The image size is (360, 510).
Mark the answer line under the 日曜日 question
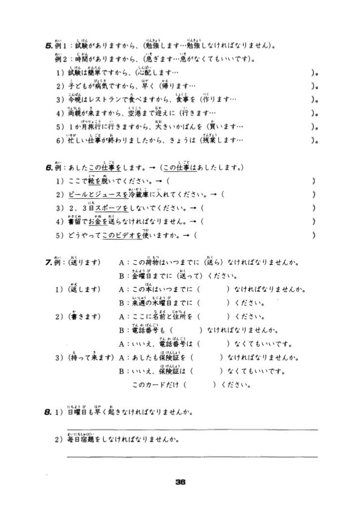click(x=192, y=430)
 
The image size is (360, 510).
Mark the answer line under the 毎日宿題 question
click(x=192, y=456)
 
